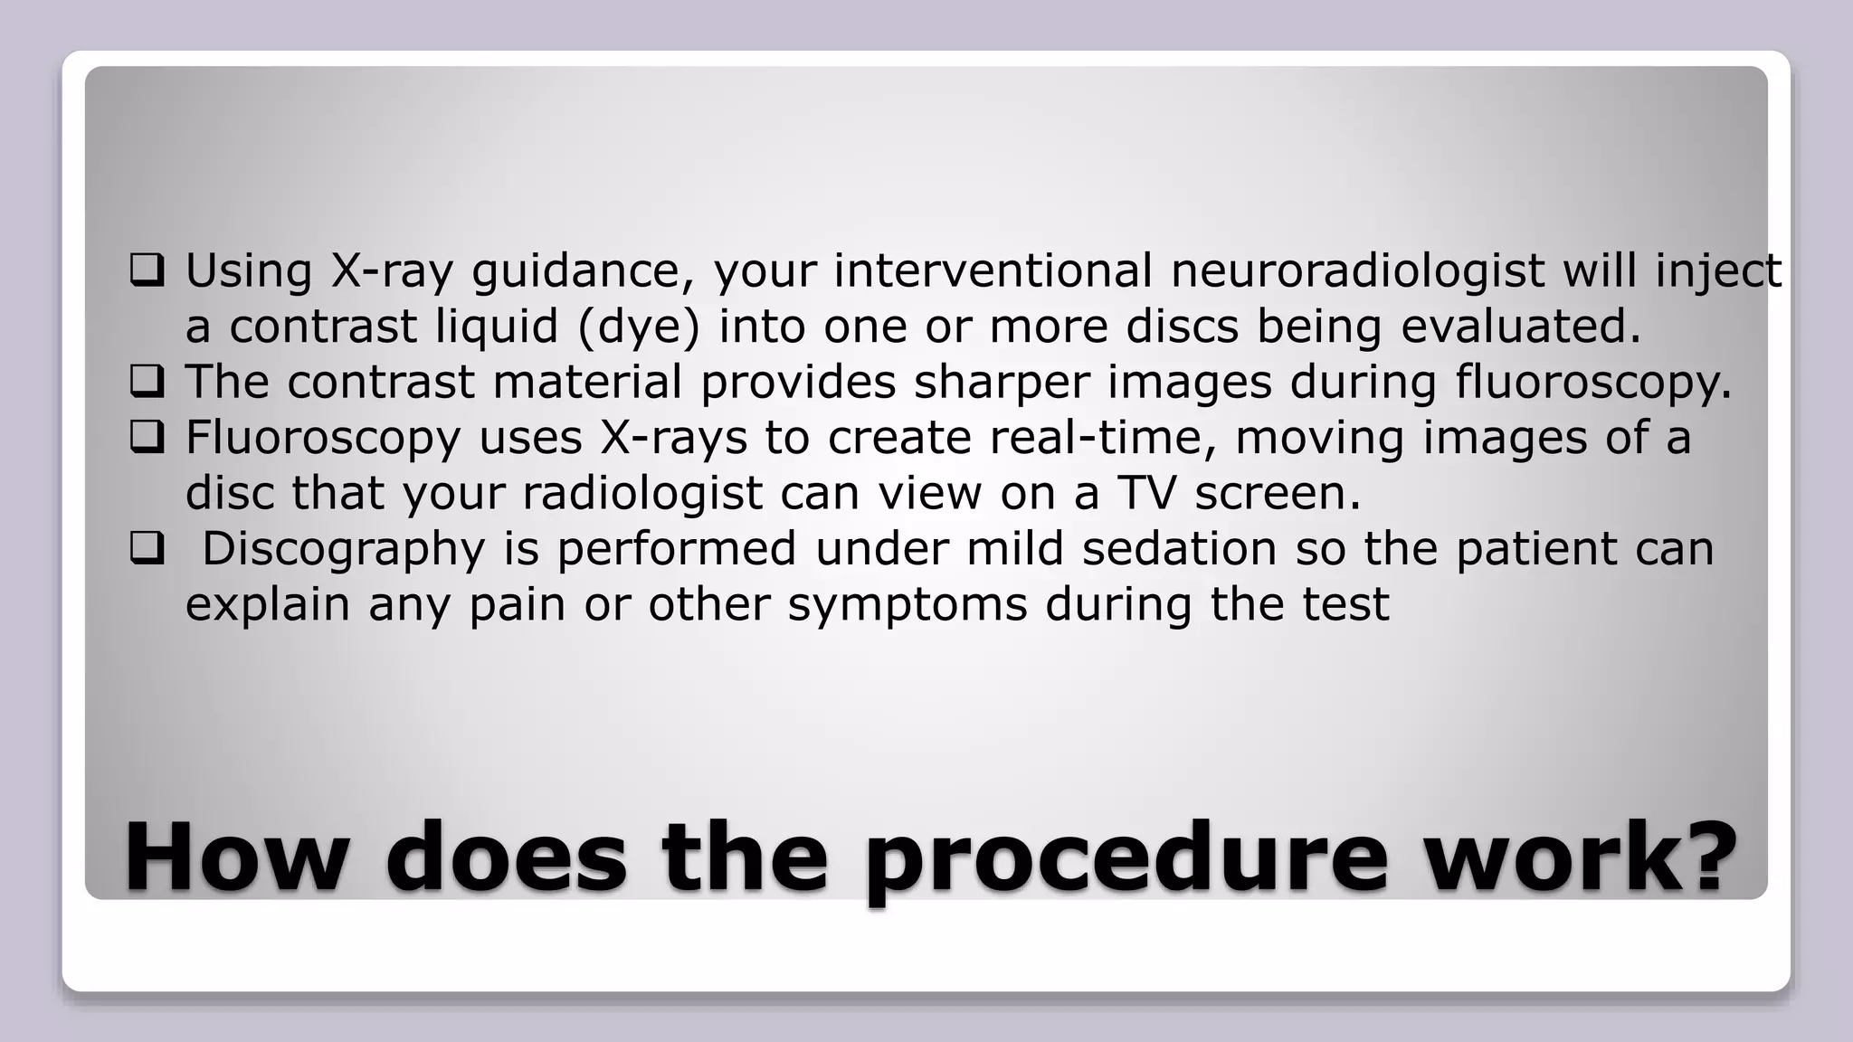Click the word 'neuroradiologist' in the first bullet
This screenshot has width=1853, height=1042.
(x=1357, y=271)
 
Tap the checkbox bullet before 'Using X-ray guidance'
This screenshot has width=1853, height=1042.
(x=147, y=270)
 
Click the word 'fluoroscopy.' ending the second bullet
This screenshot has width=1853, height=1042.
(x=1593, y=383)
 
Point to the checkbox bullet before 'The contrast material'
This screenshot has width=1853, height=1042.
(x=147, y=382)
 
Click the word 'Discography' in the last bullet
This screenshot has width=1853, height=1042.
(x=343, y=550)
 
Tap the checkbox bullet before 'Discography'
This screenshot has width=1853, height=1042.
(x=147, y=548)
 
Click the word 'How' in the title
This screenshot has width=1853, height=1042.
(x=236, y=856)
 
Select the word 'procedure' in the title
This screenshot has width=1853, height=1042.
(x=1126, y=857)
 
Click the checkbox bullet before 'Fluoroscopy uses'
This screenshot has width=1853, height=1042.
(x=147, y=438)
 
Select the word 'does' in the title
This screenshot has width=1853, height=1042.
(x=506, y=856)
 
